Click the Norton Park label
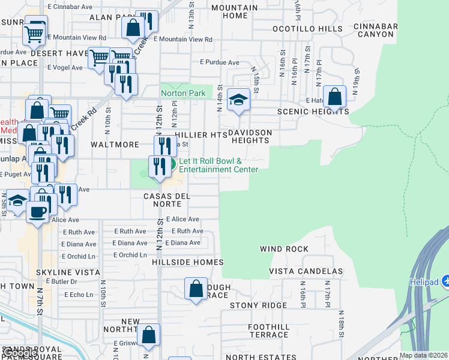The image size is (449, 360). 183,93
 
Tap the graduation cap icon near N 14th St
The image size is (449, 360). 238,101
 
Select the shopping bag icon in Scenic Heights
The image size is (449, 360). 335,97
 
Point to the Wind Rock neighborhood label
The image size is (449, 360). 284,249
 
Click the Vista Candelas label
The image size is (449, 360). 306,272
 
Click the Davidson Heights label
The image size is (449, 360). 250,136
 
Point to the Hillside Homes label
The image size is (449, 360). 187,262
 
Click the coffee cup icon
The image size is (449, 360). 37,211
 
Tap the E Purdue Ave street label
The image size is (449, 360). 220,62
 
